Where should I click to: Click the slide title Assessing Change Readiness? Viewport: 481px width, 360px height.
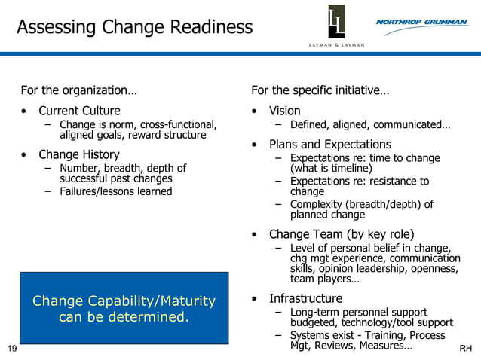pyautogui.click(x=134, y=28)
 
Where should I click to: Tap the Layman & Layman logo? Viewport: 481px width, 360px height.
pyautogui.click(x=336, y=26)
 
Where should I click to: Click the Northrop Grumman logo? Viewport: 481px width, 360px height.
pyautogui.click(x=421, y=23)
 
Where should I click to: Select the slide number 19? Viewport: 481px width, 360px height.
pyautogui.click(x=11, y=348)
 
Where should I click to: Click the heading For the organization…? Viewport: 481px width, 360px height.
pyautogui.click(x=78, y=90)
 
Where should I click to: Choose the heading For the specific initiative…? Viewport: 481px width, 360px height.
pyautogui.click(x=320, y=90)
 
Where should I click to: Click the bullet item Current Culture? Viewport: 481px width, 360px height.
pyautogui.click(x=79, y=111)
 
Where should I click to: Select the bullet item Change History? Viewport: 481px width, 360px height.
pyautogui.click(x=79, y=155)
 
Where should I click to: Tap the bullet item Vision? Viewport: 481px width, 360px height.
pyautogui.click(x=284, y=111)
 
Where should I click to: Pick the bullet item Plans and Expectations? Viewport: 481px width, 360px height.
pyautogui.click(x=329, y=145)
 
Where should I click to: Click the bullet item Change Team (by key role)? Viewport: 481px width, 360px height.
pyautogui.click(x=342, y=234)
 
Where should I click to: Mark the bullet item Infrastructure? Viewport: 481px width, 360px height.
pyautogui.click(x=305, y=298)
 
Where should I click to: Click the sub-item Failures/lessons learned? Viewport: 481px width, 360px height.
pyautogui.click(x=116, y=191)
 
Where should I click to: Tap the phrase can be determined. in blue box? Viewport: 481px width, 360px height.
pyautogui.click(x=124, y=317)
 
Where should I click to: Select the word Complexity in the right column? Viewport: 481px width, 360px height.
pyautogui.click(x=317, y=204)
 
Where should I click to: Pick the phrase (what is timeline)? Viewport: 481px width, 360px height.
pyautogui.click(x=331, y=169)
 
